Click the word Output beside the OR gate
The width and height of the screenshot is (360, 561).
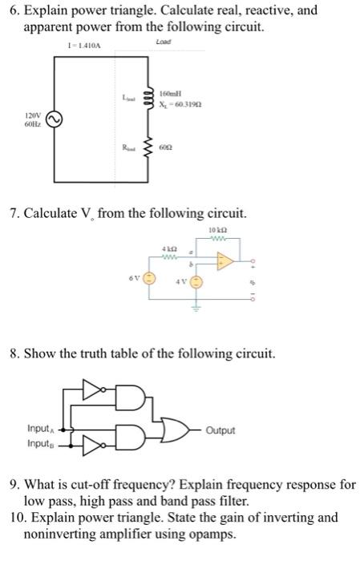220,430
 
